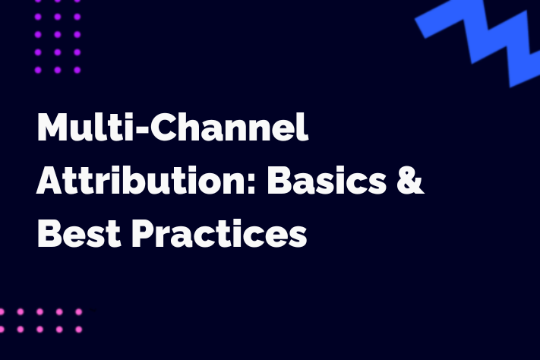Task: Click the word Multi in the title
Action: [85, 126]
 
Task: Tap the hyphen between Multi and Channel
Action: [141, 129]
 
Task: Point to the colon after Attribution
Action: [251, 185]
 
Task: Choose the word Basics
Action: [327, 180]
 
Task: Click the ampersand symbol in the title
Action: [409, 180]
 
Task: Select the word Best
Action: [79, 233]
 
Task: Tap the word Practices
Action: [219, 233]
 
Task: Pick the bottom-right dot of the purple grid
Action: [77, 70]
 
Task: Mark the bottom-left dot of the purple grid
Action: [38, 70]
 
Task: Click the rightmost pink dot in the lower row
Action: [79, 330]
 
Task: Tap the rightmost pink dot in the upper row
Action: [79, 311]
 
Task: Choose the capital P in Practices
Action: [144, 234]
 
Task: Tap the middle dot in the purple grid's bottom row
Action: [58, 70]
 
